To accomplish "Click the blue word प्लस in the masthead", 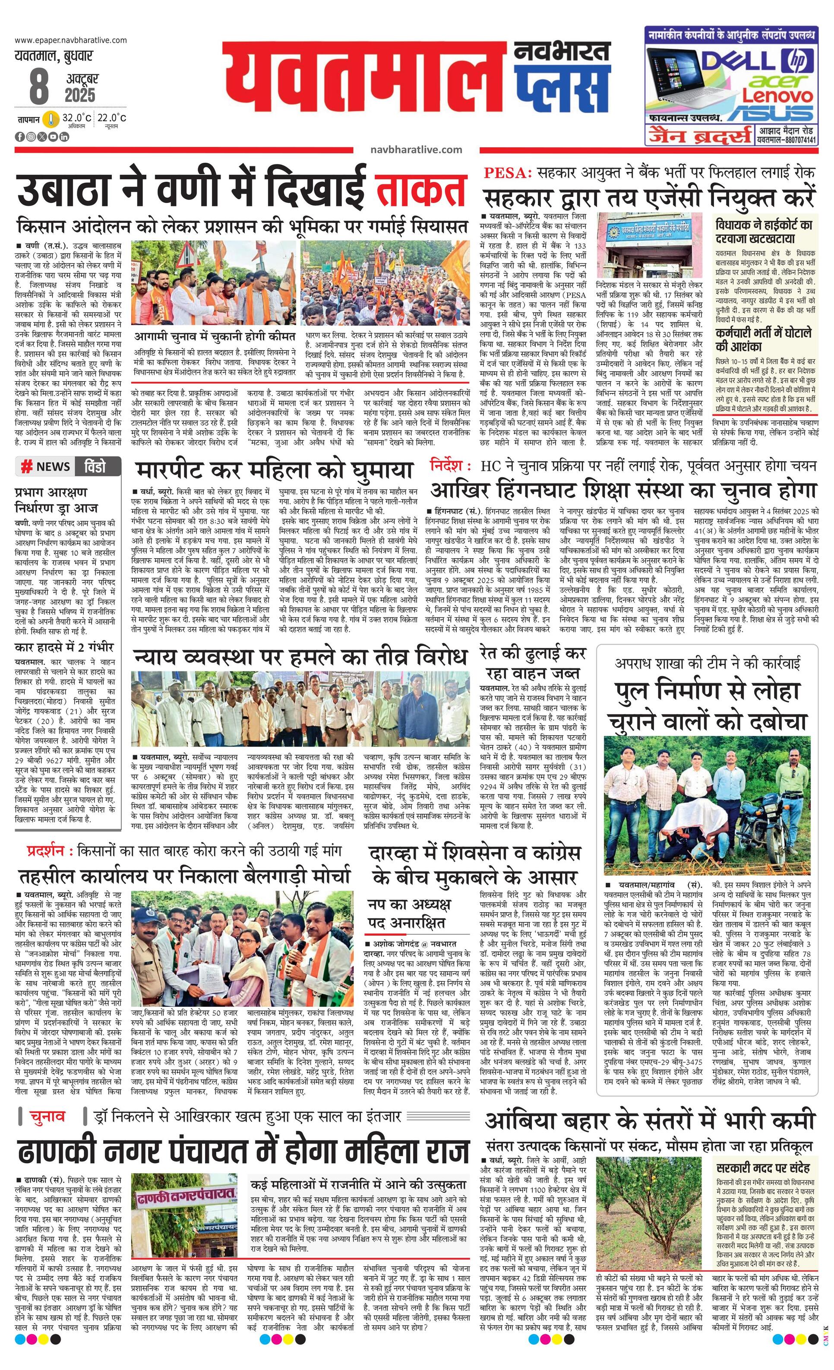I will coord(562,89).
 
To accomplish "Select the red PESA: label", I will coord(508,173).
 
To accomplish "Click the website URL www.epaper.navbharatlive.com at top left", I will coord(71,40).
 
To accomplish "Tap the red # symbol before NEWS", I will coord(26,466).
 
